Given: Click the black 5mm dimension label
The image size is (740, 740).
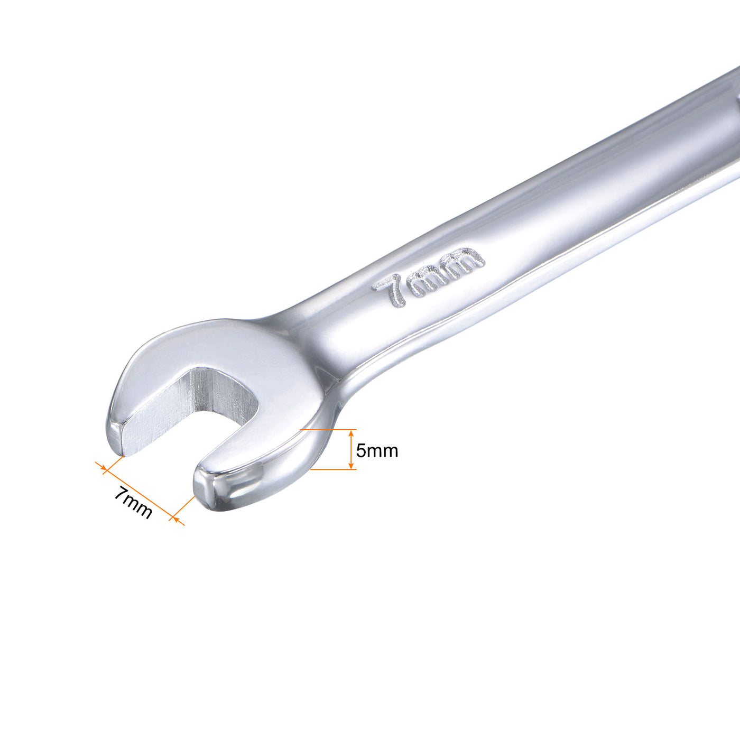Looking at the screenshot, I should tap(376, 451).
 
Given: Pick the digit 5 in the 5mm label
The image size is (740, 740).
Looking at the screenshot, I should tap(361, 451).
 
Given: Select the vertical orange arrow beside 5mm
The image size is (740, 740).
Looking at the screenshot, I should tap(351, 449).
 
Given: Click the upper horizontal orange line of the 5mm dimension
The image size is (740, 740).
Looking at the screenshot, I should tap(328, 430).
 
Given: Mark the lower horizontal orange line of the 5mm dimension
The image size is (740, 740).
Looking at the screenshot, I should tap(333, 469).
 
